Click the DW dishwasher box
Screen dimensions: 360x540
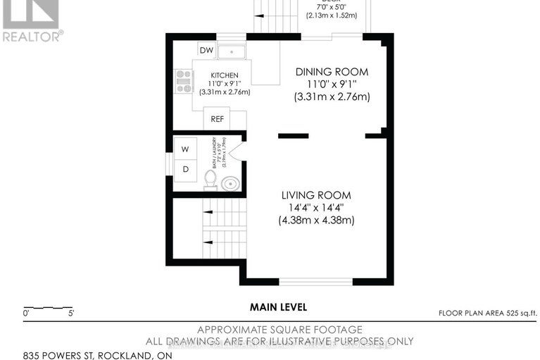pos(206,50)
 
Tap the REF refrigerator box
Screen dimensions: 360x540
pos(217,119)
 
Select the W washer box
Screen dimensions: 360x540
pos(186,149)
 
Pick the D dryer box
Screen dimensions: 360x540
pos(186,169)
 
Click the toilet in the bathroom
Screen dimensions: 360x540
pos(210,181)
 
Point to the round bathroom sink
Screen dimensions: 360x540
pos(230,184)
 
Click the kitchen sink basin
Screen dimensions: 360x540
pos(232,52)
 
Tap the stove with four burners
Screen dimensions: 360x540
pos(183,80)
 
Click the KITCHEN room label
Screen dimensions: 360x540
pos(225,75)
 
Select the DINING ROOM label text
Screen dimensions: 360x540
pos(332,72)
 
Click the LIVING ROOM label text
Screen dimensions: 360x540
pos(316,195)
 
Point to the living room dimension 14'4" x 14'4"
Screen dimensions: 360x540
pos(316,208)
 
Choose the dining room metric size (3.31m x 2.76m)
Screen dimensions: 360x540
pos(332,97)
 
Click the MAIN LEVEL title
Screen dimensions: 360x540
pos(279,307)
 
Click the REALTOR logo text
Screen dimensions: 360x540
pos(32,35)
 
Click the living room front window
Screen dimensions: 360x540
pos(315,282)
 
